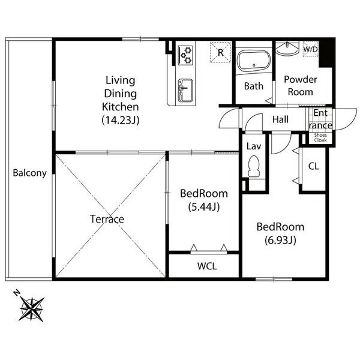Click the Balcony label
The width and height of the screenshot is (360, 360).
point(29,173)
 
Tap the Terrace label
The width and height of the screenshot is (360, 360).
point(107,219)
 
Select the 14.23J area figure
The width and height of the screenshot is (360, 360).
point(121,120)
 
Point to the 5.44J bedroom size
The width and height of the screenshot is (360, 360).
point(204,207)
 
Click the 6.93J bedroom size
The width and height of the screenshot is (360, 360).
point(280,240)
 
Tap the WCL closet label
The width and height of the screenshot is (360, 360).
point(207,266)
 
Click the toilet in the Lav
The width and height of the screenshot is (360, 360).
point(254,166)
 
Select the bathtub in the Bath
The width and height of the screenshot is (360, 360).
point(254,60)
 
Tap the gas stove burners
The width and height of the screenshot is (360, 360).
point(185,55)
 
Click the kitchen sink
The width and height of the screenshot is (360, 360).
point(185,91)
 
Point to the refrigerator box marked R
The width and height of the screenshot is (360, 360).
point(220,52)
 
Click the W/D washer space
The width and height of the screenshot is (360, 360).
point(310,49)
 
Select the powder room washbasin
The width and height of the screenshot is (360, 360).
point(287,49)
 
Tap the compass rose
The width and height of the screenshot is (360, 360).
point(32,309)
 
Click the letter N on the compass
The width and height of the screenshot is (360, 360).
point(17,293)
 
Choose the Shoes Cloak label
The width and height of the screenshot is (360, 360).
point(320,138)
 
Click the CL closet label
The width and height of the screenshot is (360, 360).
point(314,166)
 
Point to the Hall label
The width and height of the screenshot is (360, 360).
point(280,119)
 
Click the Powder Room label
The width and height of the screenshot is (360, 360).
point(301,86)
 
